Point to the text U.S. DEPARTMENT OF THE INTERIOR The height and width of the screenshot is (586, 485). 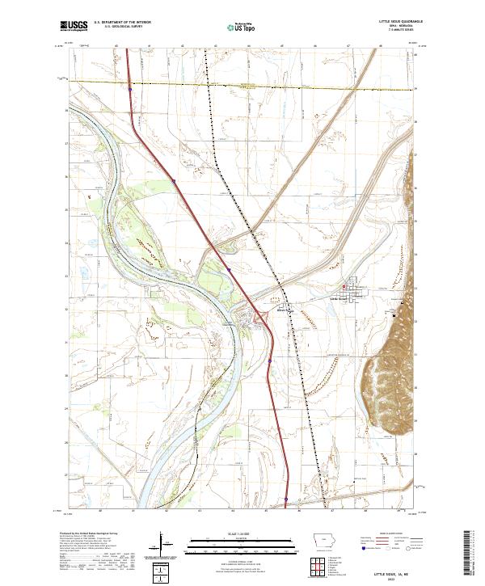[122, 23]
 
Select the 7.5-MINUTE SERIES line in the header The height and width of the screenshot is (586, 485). [408, 32]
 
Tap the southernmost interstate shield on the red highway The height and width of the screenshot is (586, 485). [285, 499]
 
